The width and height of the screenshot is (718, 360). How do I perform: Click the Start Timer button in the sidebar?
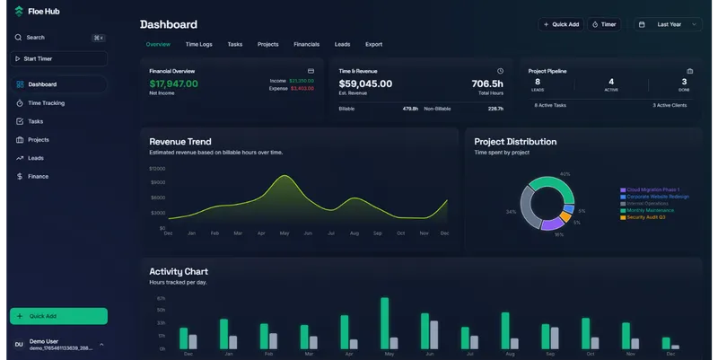[58, 59]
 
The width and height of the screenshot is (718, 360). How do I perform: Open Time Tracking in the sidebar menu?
[46, 103]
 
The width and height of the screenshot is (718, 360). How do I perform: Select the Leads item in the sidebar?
[36, 158]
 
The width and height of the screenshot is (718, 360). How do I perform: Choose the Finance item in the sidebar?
[38, 177]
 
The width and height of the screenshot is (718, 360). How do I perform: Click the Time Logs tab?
[198, 44]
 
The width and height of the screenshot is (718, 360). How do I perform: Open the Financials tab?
[306, 44]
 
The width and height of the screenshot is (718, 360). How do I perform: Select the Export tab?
[373, 44]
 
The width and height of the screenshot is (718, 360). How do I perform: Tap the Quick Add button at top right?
[560, 25]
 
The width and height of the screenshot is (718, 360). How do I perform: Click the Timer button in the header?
[605, 25]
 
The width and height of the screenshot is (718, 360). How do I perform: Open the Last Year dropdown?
[668, 25]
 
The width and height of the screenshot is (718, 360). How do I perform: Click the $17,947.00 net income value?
[173, 84]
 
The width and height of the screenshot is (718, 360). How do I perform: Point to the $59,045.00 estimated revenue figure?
[365, 84]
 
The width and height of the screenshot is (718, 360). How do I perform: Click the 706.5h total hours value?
[486, 84]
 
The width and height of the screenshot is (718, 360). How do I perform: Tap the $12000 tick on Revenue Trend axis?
[157, 169]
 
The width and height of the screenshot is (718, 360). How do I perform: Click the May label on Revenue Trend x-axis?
[285, 233]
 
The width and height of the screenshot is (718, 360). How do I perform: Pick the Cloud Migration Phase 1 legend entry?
[652, 190]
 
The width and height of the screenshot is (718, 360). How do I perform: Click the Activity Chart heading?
[179, 271]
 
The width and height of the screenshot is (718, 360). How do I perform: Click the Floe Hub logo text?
[43, 11]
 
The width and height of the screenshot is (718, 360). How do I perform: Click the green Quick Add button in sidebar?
[58, 316]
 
